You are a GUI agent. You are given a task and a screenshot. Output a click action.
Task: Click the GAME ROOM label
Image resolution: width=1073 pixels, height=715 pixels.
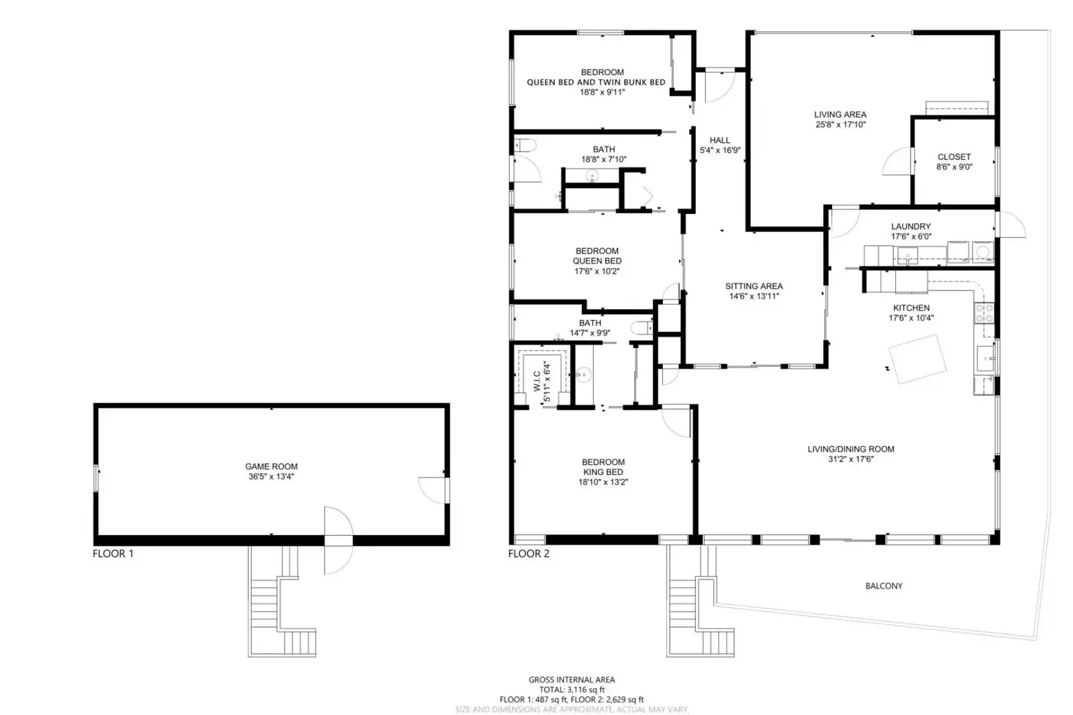point(271,466)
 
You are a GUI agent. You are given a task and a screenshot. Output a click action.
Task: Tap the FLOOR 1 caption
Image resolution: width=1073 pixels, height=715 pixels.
point(113,553)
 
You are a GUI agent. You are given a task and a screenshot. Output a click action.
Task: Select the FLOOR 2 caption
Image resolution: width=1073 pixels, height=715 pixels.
point(529,553)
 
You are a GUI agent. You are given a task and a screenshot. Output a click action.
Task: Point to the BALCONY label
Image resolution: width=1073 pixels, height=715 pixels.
point(884,586)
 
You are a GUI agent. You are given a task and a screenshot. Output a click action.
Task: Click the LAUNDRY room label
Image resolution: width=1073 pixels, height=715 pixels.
point(911,226)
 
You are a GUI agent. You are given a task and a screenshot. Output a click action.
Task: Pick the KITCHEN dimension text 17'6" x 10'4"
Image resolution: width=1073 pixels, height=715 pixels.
point(911,318)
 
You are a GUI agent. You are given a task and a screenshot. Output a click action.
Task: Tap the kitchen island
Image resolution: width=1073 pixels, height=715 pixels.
point(917,359)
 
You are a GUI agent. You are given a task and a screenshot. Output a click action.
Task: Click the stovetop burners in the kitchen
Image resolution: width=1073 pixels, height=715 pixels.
point(984,313)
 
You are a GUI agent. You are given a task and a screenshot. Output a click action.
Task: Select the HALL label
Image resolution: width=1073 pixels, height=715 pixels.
point(719,140)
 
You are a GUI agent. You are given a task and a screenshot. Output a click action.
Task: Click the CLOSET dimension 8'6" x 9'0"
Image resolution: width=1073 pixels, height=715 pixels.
point(954,167)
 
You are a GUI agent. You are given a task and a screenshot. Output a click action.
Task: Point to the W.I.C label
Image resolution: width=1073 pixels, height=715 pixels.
point(537,381)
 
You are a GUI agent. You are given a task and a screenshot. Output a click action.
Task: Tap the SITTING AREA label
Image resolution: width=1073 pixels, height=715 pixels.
point(754,286)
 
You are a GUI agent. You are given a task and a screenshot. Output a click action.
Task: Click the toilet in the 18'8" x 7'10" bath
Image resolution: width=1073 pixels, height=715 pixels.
point(525,145)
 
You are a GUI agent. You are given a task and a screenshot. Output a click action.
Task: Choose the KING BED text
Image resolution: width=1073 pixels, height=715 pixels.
point(603,472)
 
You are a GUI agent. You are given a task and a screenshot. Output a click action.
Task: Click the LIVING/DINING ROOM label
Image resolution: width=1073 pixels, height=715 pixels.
point(851,449)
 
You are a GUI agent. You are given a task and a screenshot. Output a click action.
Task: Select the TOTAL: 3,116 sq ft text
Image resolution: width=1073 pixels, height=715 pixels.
point(572,690)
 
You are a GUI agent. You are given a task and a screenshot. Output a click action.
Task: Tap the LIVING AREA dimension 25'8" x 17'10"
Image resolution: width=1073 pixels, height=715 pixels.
point(841,125)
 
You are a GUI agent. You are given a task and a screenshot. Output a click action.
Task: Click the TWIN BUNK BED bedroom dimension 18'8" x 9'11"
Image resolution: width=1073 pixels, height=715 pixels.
point(602,92)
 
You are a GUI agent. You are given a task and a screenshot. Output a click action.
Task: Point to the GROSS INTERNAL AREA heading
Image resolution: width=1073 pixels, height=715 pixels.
point(572,679)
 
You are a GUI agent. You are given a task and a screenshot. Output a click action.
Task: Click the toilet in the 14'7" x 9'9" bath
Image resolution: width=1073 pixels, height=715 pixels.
point(642,328)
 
